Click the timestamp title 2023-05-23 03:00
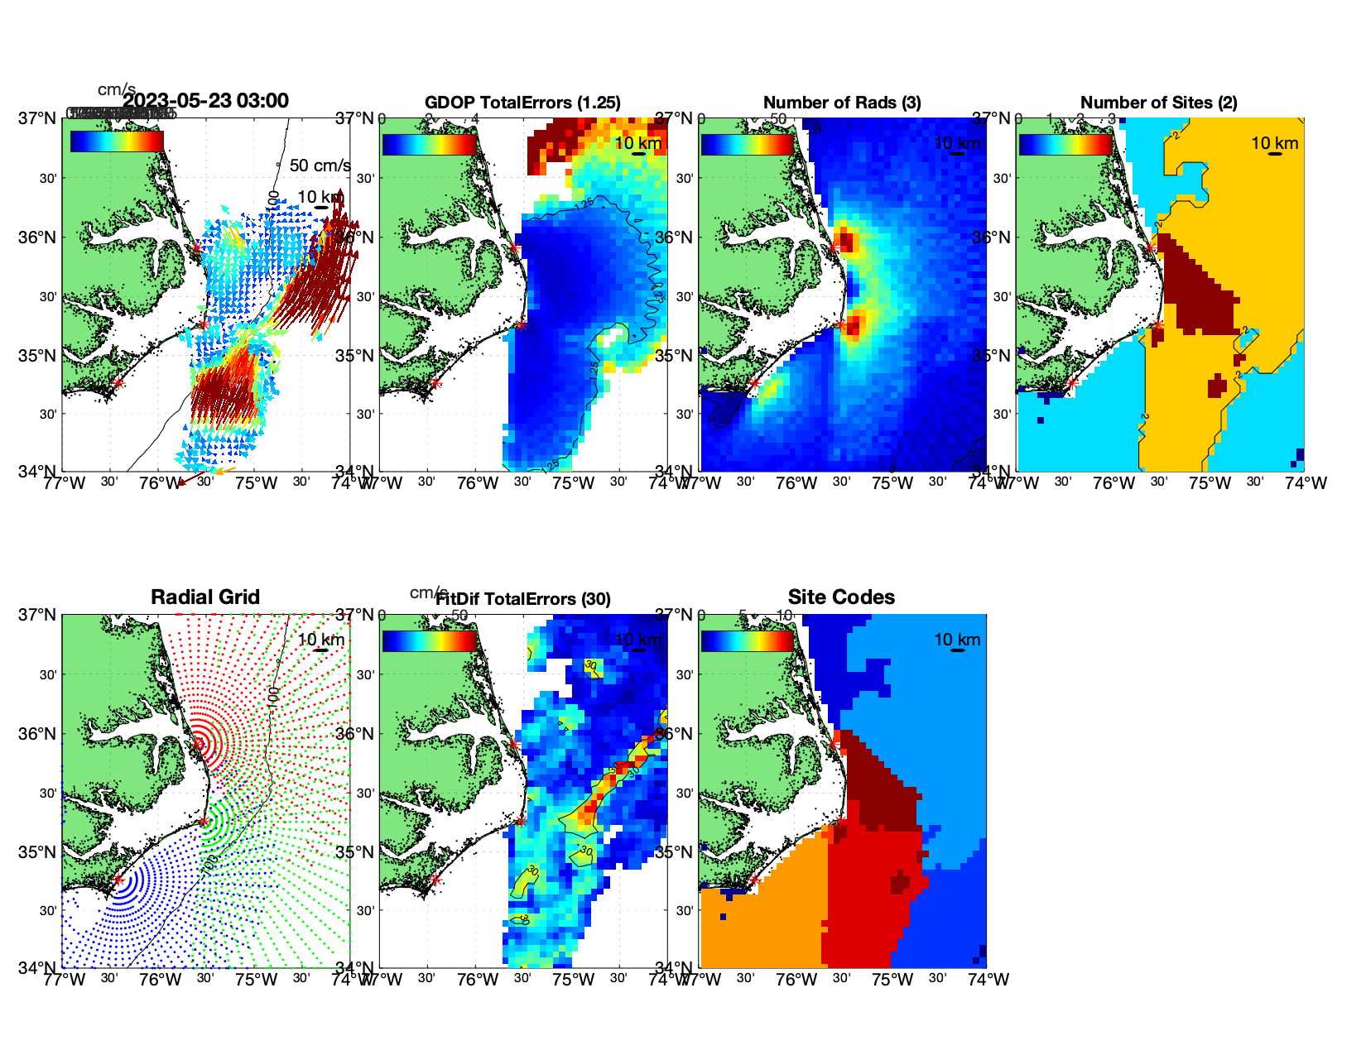coord(205,101)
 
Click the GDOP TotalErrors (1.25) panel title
coord(522,103)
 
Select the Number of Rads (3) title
coord(841,103)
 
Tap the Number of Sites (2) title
coord(1158,103)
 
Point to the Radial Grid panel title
coord(205,597)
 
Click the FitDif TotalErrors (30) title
coord(523,599)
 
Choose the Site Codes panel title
coord(841,597)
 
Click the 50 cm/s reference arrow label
coord(320,165)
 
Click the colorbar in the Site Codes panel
coord(747,641)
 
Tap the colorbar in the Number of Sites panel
coord(1065,145)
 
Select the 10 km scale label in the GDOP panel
coord(637,143)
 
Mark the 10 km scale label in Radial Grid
coord(320,640)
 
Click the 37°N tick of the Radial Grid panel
coord(38,615)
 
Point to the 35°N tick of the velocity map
coord(38,356)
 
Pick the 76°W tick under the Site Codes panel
coord(796,980)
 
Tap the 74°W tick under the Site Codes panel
coord(988,980)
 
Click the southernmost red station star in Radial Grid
coord(118,880)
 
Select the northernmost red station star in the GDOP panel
coord(513,247)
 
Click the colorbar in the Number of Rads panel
coord(747,145)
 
